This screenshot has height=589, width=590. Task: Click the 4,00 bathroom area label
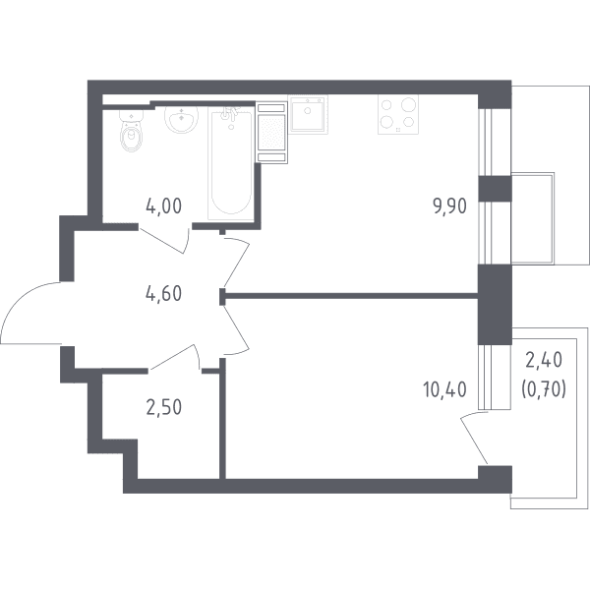click(163, 206)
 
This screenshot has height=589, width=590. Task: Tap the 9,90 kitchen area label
click(450, 206)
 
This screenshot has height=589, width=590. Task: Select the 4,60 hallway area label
click(163, 293)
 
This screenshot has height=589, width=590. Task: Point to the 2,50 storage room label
click(163, 407)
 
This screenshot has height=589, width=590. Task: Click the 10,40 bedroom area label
click(444, 389)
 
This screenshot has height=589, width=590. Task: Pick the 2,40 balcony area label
click(544, 360)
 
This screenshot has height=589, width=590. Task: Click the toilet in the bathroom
click(131, 130)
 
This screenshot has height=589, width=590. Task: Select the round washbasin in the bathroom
click(181, 119)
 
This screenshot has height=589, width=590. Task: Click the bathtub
click(231, 163)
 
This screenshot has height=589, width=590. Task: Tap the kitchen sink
click(308, 114)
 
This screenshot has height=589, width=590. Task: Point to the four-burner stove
click(398, 114)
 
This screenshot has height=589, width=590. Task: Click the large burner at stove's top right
click(408, 104)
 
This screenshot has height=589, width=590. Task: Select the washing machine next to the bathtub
click(271, 133)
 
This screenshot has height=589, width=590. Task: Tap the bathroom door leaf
click(161, 241)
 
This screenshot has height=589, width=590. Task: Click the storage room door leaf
click(172, 357)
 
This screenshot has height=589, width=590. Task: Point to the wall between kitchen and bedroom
click(349, 296)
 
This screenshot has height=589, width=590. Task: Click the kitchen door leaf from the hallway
click(237, 265)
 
